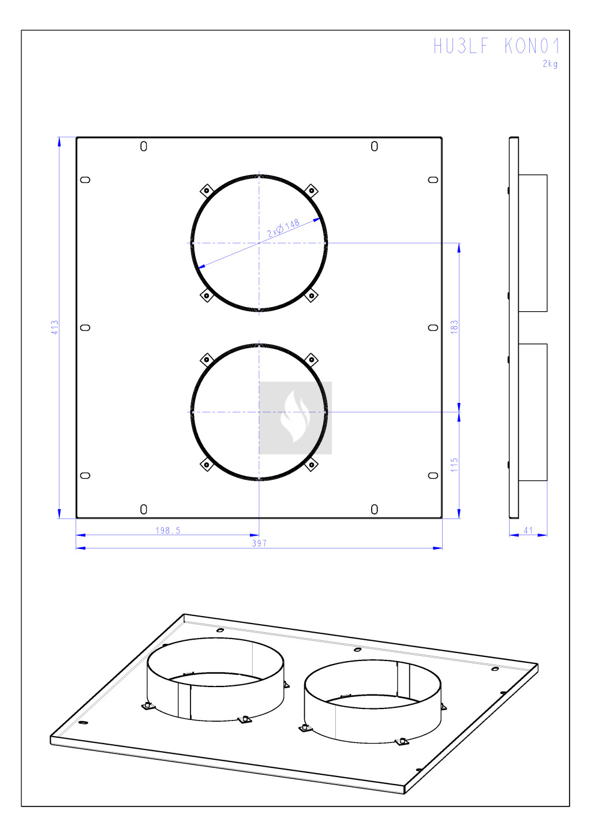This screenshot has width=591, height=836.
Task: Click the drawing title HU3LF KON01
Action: pyautogui.click(x=496, y=46)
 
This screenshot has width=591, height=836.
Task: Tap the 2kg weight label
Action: pyautogui.click(x=551, y=64)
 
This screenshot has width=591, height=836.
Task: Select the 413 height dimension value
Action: pyautogui.click(x=55, y=327)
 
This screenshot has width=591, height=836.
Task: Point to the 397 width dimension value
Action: pyautogui.click(x=259, y=543)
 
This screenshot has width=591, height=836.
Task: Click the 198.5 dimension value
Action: pyautogui.click(x=168, y=531)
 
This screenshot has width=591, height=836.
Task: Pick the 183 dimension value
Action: pyautogui.click(x=454, y=327)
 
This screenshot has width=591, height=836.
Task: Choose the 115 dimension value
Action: pyautogui.click(x=454, y=465)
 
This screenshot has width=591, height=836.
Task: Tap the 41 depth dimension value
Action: pyautogui.click(x=528, y=530)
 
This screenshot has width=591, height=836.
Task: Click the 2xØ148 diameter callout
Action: pyautogui.click(x=283, y=228)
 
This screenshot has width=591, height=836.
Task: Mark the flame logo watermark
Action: pyautogui.click(x=295, y=418)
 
